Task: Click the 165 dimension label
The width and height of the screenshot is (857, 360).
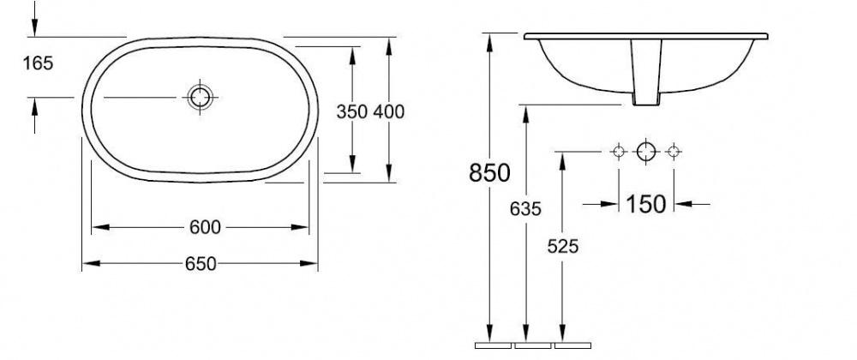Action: coord(38,63)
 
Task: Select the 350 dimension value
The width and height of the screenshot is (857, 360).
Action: coord(351,111)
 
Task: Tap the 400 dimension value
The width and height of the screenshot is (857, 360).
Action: coord(388,111)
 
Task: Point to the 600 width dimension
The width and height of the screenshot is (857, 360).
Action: coord(205,227)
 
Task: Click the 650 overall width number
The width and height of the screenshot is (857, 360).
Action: coord(201,264)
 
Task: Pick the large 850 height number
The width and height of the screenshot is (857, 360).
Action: coord(489,172)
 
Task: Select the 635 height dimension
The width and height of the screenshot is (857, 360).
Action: coord(525,208)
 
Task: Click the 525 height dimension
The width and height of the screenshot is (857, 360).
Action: coord(562,247)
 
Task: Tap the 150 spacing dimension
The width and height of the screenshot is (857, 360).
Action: coord(645,204)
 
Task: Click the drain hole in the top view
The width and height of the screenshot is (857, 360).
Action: coord(200,97)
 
